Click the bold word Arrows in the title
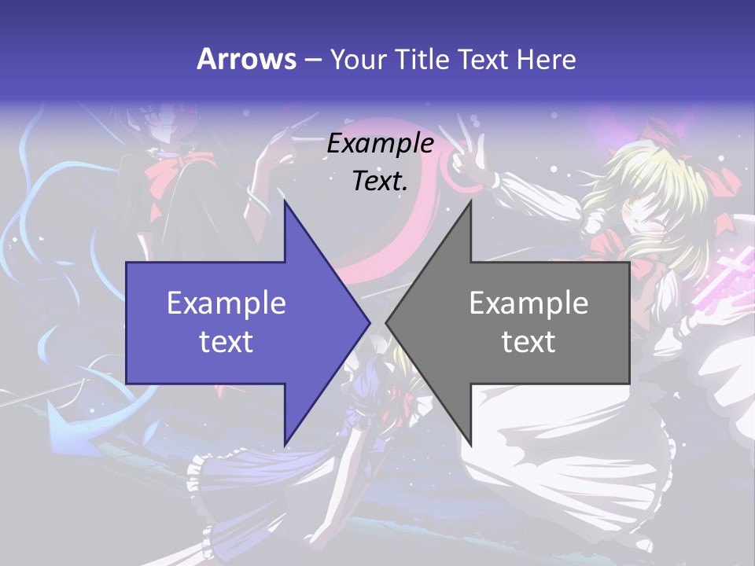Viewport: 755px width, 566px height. [246, 59]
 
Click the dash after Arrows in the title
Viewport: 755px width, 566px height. [312, 61]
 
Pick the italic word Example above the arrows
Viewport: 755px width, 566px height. [381, 143]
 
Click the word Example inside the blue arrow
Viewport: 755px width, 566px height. [226, 303]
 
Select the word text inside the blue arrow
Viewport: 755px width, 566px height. [226, 341]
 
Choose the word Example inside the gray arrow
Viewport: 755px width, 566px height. [528, 303]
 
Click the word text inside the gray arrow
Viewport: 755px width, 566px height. [528, 341]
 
